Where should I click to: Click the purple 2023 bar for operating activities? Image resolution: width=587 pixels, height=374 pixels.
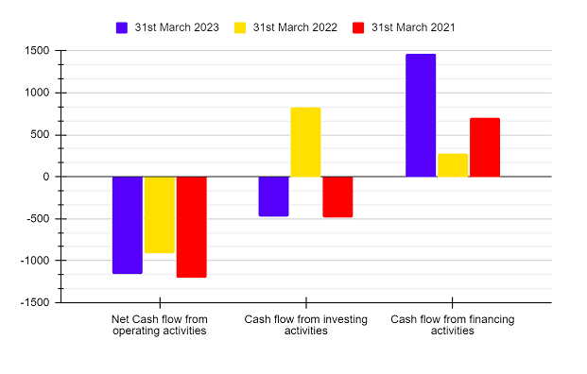point(127,225)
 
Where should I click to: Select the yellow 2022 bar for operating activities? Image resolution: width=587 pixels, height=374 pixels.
point(159,214)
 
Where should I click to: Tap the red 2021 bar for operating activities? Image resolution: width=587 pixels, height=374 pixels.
point(191,227)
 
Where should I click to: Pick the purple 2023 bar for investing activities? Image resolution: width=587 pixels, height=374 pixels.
point(273,196)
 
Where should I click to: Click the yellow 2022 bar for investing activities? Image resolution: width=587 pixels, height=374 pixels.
point(305,142)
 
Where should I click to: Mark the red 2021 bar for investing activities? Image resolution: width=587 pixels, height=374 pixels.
point(337,196)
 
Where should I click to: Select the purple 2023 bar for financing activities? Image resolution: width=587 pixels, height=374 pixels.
point(421,115)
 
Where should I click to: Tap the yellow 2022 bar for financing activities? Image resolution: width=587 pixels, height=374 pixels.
point(453,165)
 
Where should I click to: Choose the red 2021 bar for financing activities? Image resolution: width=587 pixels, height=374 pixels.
point(485,147)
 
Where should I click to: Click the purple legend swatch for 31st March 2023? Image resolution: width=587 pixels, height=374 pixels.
point(123,27)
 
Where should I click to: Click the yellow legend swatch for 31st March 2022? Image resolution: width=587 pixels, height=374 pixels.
point(239,27)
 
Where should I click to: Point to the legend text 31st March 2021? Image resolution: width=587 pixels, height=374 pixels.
point(413,27)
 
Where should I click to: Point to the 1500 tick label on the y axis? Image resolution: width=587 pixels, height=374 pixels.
point(37,51)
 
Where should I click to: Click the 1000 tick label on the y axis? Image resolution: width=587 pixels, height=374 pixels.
point(37,93)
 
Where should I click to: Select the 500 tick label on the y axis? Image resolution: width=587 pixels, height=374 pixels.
point(40,135)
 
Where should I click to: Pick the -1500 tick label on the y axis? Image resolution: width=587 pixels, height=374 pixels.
point(35,303)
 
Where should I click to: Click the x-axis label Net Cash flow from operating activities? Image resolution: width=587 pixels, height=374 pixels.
point(159,325)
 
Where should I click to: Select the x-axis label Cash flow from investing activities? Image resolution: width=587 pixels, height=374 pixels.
point(305,325)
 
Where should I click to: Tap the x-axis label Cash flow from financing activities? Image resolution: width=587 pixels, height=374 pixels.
point(453,325)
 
